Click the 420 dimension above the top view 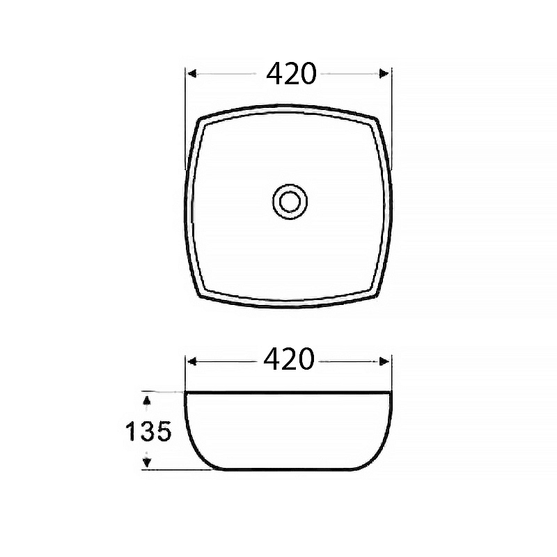coord(291,74)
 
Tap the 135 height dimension coord(148,431)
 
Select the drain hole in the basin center coord(290,201)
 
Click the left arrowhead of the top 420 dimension coord(192,74)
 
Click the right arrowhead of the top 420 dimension coord(384,74)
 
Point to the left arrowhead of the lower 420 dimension coord(192,362)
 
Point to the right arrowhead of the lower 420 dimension coord(384,362)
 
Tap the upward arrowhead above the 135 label coord(147,401)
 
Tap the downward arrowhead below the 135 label coord(147,462)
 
